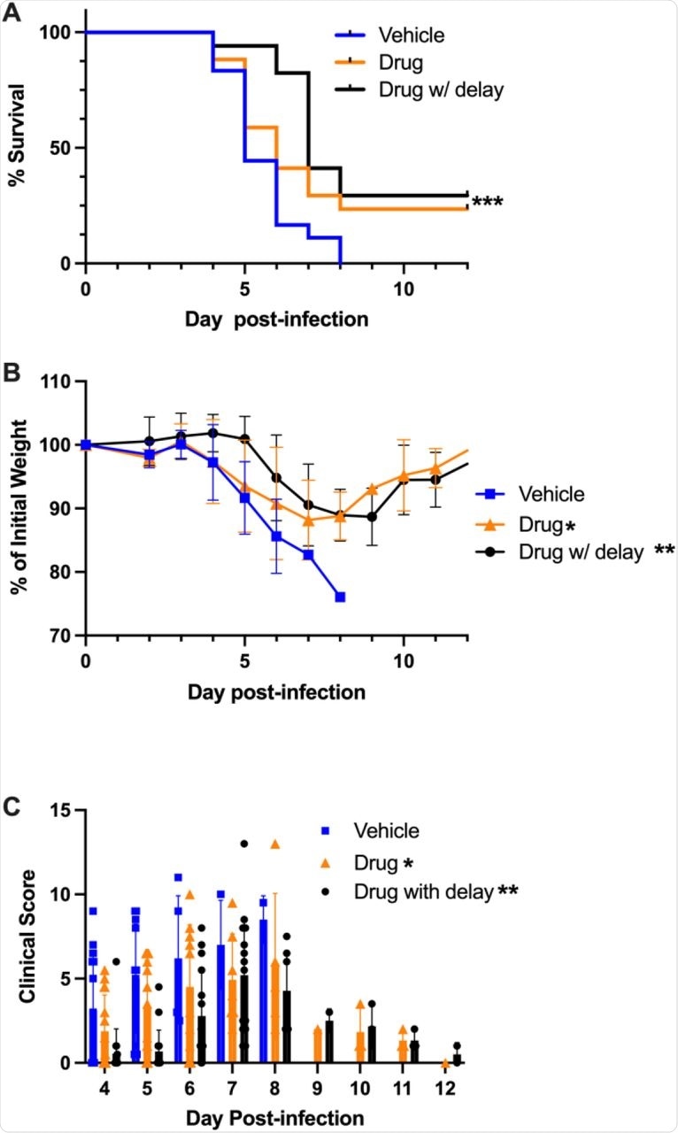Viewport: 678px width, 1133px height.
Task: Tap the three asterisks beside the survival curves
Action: [x=488, y=204]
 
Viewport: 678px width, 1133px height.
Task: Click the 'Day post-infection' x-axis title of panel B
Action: [x=276, y=691]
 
